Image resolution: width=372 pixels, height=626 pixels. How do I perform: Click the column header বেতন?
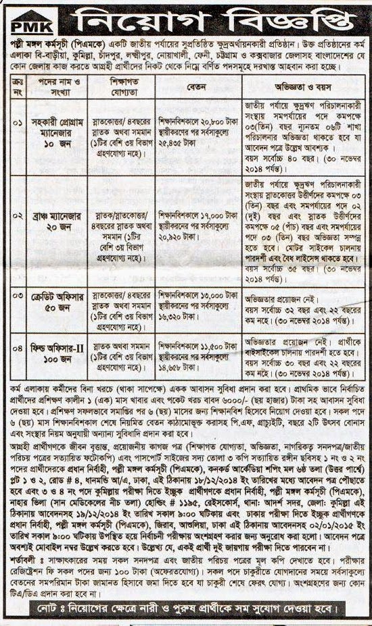click(198, 86)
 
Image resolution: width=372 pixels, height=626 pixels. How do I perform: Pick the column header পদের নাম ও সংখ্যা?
click(60, 86)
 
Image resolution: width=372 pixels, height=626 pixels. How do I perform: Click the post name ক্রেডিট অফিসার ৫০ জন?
click(60, 301)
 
